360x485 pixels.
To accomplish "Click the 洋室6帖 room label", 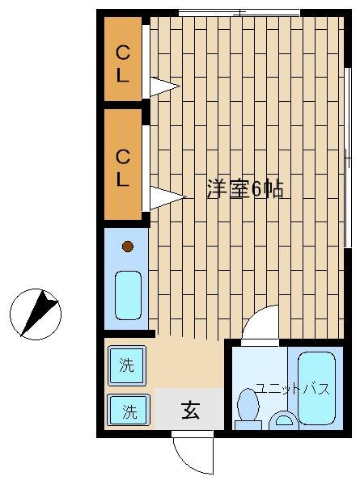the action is pyautogui.click(x=245, y=188).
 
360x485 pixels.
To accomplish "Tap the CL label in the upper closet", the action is pyautogui.click(x=123, y=64).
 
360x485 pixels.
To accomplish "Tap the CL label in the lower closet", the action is pyautogui.click(x=123, y=168).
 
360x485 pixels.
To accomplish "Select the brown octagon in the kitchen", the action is pyautogui.click(x=128, y=247).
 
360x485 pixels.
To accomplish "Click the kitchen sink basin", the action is pyautogui.click(x=128, y=295).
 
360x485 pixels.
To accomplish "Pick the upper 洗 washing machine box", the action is pyautogui.click(x=127, y=365).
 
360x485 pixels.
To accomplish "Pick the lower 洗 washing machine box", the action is pyautogui.click(x=129, y=410).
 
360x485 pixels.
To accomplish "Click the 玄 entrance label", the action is pyautogui.click(x=190, y=410).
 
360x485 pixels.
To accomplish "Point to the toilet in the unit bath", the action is pyautogui.click(x=248, y=409).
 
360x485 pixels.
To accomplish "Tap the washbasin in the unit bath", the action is pyautogui.click(x=283, y=420).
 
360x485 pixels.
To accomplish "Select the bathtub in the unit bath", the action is pyautogui.click(x=316, y=388).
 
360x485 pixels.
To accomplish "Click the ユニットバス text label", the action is pyautogui.click(x=293, y=389).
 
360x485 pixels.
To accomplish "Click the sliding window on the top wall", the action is pyautogui.click(x=239, y=13).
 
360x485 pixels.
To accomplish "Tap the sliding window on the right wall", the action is pyautogui.click(x=348, y=158).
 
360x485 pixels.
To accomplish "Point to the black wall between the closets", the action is pyautogui.click(x=123, y=105).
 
